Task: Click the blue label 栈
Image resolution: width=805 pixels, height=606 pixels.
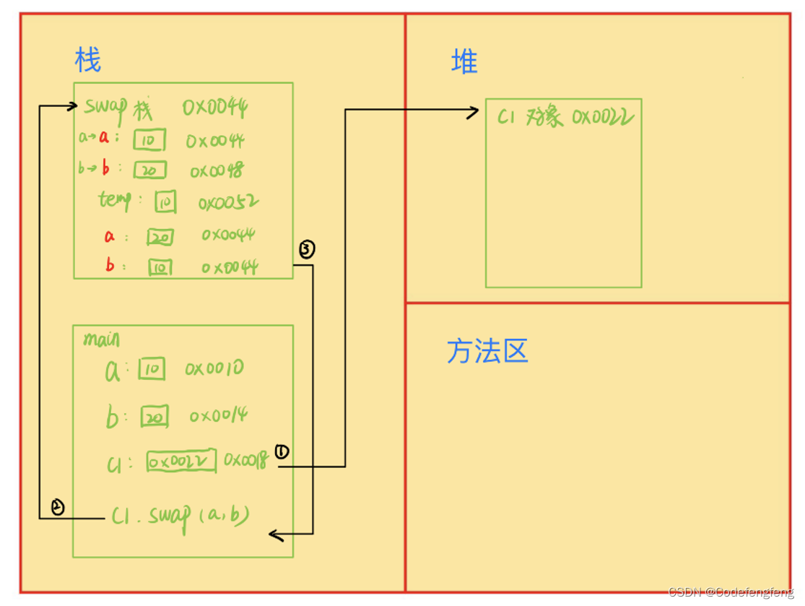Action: point(87,60)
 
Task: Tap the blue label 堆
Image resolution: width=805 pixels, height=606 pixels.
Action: point(464,62)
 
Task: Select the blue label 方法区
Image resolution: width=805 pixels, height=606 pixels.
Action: point(487,352)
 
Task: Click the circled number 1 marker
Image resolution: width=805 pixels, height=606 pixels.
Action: point(282,451)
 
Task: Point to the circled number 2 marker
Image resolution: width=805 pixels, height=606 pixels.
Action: point(58,508)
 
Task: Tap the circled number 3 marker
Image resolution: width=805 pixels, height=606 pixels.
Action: point(307,250)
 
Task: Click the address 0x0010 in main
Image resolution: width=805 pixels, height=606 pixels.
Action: point(214,369)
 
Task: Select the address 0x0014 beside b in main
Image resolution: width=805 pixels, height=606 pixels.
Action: point(219,416)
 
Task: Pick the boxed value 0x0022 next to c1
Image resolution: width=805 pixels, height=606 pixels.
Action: point(181,462)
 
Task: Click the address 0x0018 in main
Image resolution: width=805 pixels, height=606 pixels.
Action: point(245,459)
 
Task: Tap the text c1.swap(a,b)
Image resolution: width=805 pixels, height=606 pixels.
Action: point(181,516)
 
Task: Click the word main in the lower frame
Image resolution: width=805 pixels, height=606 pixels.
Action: point(101,339)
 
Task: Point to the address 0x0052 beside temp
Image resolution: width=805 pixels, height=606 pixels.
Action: point(228,204)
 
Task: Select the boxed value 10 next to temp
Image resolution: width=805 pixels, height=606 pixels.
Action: point(165,204)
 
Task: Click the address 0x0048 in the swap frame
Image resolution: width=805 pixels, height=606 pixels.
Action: point(217,171)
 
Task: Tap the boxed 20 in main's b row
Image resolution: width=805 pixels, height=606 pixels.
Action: point(154,417)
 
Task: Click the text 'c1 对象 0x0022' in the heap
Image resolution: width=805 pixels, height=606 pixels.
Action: point(565,116)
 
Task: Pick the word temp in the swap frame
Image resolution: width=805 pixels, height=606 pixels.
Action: point(115,200)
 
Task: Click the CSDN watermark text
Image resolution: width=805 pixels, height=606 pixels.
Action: point(731,592)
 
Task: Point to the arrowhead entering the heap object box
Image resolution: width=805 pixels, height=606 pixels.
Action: point(474,111)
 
